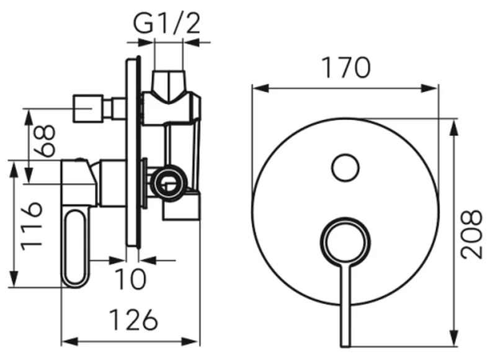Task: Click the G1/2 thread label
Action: click(167, 23)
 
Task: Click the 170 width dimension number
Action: click(345, 68)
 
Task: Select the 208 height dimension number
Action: click(472, 235)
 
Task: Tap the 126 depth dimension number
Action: click(134, 320)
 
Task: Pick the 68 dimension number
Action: click(45, 141)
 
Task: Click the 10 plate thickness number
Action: click(130, 279)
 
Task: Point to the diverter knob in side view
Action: click(88, 108)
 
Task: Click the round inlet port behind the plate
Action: click(168, 183)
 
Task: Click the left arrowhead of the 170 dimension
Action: click(260, 89)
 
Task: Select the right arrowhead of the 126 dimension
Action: click(190, 341)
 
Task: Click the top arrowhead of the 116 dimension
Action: click(14, 169)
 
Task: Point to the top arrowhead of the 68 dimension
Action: click(29, 117)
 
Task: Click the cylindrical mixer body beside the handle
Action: click(112, 183)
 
